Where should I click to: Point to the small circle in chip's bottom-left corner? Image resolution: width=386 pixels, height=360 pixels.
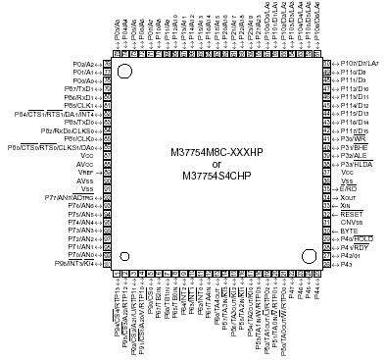(123, 256)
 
